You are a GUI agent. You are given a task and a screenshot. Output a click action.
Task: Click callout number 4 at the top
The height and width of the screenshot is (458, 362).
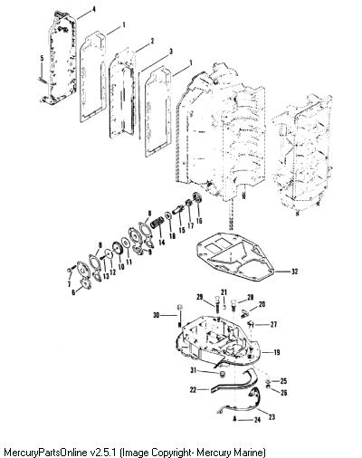94,9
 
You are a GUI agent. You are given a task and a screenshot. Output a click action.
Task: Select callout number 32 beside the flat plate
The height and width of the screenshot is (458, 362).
294,272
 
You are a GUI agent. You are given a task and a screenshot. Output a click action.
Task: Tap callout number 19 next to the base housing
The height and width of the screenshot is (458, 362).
276,352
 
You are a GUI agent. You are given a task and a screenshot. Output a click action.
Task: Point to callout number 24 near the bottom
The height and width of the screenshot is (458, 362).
257,420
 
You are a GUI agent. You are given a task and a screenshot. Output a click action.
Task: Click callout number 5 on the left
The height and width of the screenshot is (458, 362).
42,58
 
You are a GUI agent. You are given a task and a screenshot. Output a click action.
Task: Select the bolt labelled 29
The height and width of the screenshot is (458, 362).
216,305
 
